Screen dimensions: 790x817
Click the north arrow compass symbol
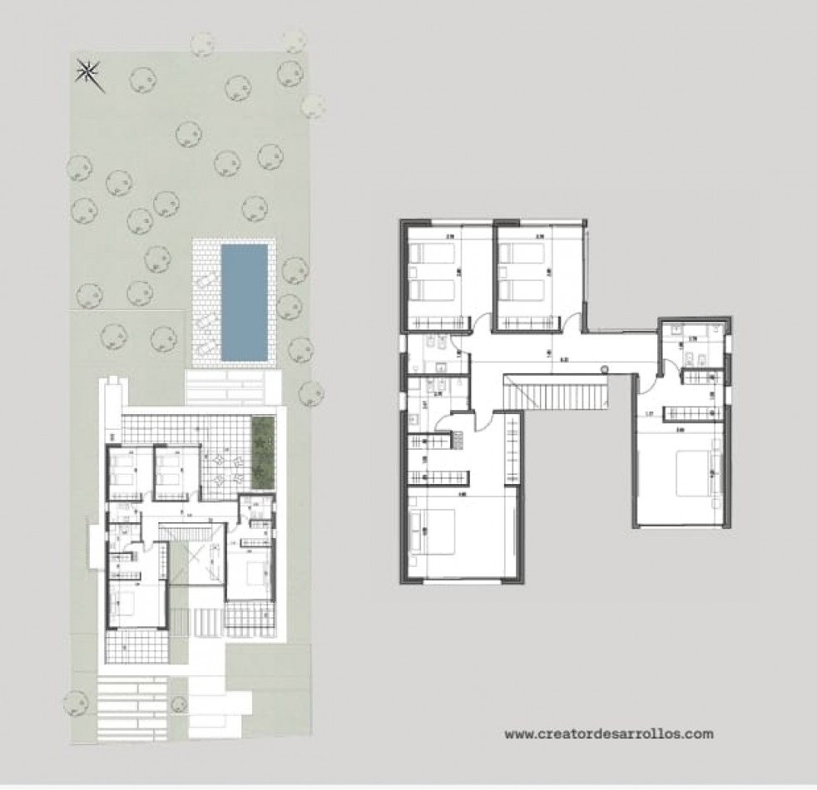pos(88,74)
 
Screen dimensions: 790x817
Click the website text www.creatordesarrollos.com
pos(609,734)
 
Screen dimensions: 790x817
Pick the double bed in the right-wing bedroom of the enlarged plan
pos(693,473)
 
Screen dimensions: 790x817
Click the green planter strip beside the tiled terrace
pos(262,453)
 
